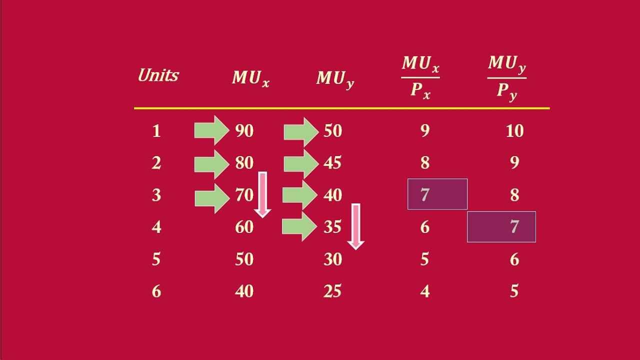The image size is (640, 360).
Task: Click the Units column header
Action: click(x=158, y=75)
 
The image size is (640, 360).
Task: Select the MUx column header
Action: click(x=250, y=78)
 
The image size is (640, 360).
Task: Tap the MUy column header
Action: click(x=335, y=79)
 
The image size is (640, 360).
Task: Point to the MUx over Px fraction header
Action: click(x=420, y=77)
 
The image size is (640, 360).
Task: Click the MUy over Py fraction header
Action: click(x=506, y=77)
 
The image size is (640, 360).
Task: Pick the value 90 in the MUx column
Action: click(x=244, y=131)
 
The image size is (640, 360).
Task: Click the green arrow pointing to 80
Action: click(x=211, y=163)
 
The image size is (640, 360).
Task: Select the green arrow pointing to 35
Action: click(x=299, y=227)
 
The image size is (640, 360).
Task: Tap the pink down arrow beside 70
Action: click(x=262, y=194)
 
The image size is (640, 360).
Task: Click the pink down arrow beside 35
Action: click(x=355, y=226)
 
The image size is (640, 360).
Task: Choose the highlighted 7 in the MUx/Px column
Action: click(x=437, y=194)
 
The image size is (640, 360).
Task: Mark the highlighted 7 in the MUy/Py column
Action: click(x=501, y=227)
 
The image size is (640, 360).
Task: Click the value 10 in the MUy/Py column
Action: click(x=514, y=131)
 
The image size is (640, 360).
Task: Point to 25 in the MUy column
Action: click(x=332, y=291)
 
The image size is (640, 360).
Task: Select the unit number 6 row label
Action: click(x=156, y=291)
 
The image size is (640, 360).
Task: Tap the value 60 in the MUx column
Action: click(x=244, y=227)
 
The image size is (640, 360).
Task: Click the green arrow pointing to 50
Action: click(x=301, y=131)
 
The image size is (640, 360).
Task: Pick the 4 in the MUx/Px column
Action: click(x=425, y=291)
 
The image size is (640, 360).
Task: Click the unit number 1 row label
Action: click(x=156, y=131)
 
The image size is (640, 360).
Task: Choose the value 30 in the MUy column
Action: click(x=332, y=259)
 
